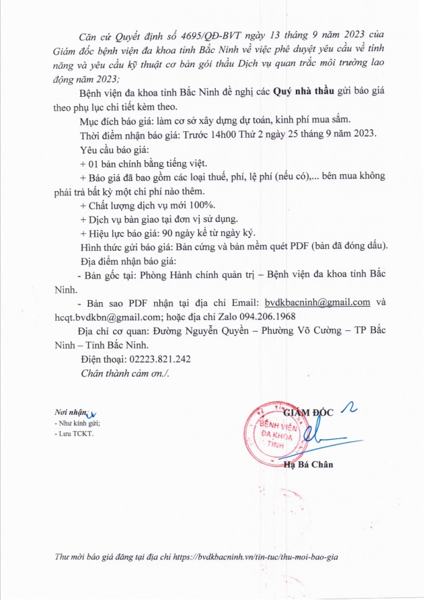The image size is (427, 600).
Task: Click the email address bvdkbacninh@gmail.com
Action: tap(317, 303)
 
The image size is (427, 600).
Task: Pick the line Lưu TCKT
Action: tap(76, 435)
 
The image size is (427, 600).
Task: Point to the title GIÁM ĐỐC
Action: tap(307, 412)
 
